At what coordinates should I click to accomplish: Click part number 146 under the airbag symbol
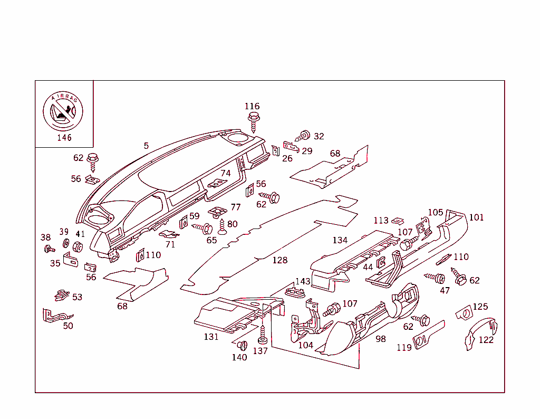[64, 138]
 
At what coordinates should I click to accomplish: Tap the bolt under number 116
[253, 120]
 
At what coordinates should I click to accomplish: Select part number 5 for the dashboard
[146, 146]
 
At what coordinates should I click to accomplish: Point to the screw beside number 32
[303, 136]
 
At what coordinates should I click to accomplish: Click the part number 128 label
[279, 260]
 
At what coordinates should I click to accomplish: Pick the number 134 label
[340, 240]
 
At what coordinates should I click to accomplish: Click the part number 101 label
[476, 217]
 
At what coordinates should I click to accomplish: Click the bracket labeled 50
[53, 316]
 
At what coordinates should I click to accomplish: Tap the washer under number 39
[66, 243]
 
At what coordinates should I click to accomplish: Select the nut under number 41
[78, 246]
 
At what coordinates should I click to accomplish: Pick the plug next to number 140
[242, 346]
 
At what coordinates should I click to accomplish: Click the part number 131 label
[211, 337]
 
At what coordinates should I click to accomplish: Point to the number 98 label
[380, 339]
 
